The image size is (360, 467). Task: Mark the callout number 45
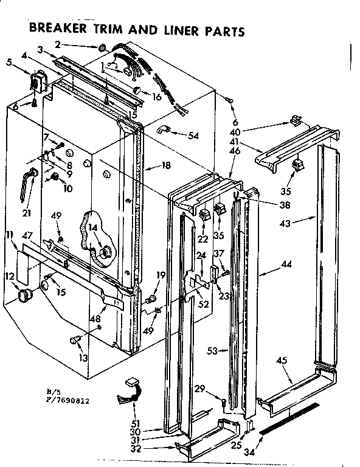coord(281,361)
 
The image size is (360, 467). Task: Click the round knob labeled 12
coord(25,296)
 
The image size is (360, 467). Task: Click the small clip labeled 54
coord(164,129)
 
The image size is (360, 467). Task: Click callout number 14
coord(92,228)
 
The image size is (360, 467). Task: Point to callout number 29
coord(199,388)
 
